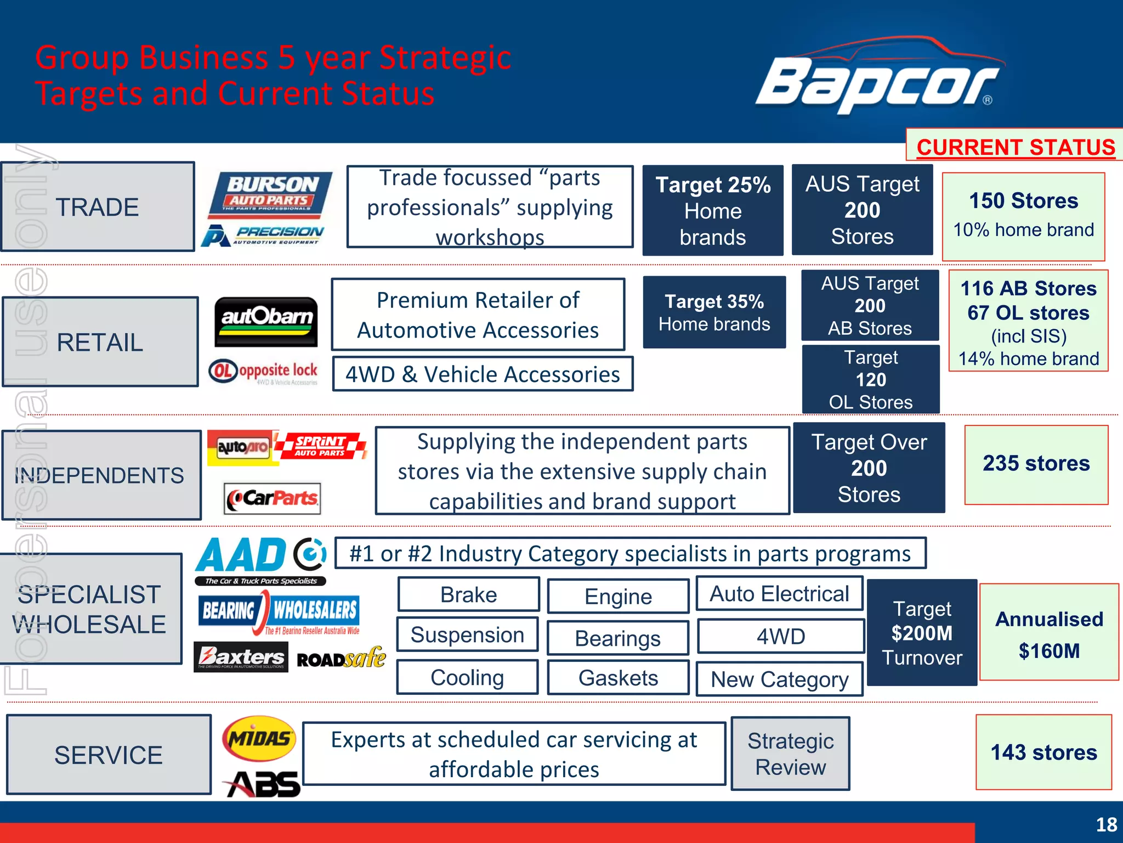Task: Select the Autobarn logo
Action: [266, 322]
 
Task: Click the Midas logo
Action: [259, 738]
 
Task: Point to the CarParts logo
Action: [273, 498]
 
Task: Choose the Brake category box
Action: [468, 594]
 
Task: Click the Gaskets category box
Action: [618, 678]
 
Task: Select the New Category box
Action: [779, 679]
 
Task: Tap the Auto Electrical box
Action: [779, 594]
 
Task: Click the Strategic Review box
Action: [790, 754]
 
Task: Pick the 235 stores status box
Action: [1036, 464]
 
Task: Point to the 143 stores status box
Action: [1043, 752]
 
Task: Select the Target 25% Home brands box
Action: [712, 211]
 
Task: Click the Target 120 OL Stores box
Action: [870, 379]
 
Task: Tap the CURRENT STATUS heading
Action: [1016, 147]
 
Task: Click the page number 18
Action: [1106, 824]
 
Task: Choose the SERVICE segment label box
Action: [109, 755]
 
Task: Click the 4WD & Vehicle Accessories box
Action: [483, 374]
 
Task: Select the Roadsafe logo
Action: [341, 658]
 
